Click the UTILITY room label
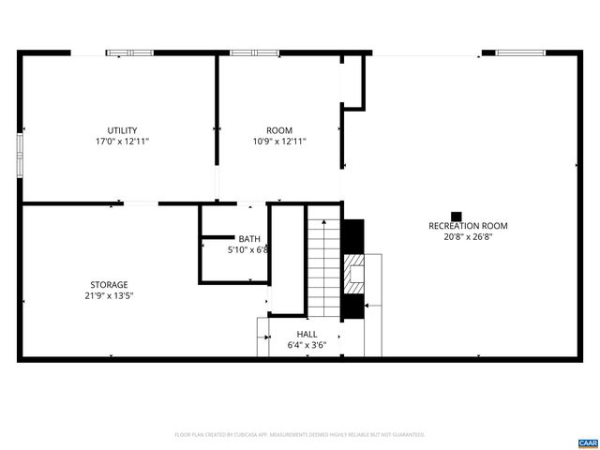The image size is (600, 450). pyautogui.click(x=122, y=130)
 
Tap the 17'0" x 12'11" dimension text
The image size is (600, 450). pyautogui.click(x=122, y=142)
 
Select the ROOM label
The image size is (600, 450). pyautogui.click(x=279, y=130)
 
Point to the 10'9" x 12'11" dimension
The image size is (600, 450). pyautogui.click(x=279, y=142)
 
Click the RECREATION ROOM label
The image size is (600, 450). pyautogui.click(x=468, y=226)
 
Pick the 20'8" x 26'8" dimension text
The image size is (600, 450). pyautogui.click(x=468, y=237)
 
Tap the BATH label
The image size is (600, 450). pyautogui.click(x=248, y=239)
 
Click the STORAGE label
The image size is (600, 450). pyautogui.click(x=109, y=284)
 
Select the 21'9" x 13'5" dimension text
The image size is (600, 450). pyautogui.click(x=109, y=296)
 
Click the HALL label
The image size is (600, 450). pyautogui.click(x=307, y=334)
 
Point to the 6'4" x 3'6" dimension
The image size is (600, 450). pyautogui.click(x=307, y=345)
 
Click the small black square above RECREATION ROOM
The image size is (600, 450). pyautogui.click(x=457, y=215)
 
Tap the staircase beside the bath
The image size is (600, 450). pyautogui.click(x=323, y=262)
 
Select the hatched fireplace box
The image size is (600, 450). pyautogui.click(x=353, y=274)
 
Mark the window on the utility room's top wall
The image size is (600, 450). pyautogui.click(x=128, y=52)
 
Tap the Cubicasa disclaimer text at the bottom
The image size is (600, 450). pyautogui.click(x=300, y=435)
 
